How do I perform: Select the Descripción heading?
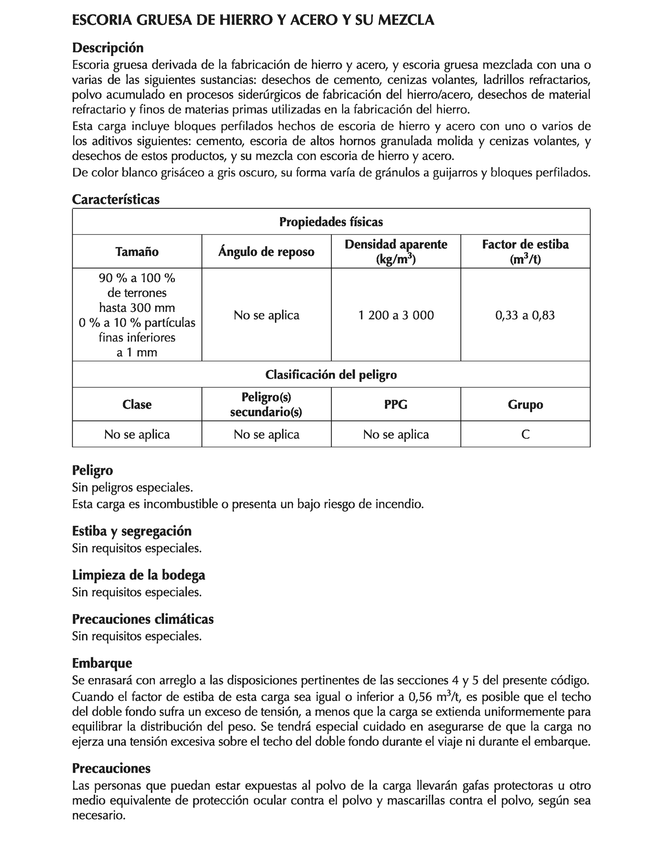coord(108,48)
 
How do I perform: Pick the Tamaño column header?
coord(137,252)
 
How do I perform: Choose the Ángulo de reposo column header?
coord(266,252)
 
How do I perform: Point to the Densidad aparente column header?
coord(396,245)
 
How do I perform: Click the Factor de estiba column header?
coord(525,245)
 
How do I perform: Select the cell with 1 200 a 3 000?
coord(396,315)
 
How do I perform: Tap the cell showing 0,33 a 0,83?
coord(525,315)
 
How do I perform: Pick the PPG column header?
coord(396,405)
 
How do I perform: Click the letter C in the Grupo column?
coord(525,434)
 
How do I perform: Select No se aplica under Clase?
coord(137,434)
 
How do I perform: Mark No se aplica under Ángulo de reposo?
coord(266,315)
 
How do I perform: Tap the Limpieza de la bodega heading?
coord(138,575)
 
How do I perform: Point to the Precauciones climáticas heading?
coord(143,619)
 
